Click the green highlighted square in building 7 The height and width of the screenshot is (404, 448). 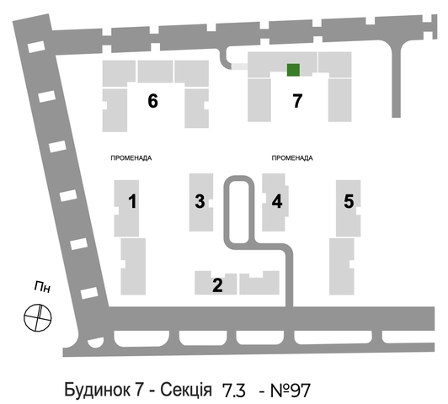(x=293, y=70)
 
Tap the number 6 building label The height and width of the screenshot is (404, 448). (x=153, y=101)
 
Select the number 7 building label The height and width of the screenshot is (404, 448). (x=297, y=101)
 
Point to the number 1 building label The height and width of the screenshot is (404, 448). (x=132, y=201)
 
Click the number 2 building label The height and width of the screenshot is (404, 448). (x=217, y=285)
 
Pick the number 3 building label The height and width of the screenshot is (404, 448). (x=200, y=201)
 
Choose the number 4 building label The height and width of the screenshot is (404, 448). (x=277, y=201)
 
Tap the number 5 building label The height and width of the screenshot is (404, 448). (x=349, y=201)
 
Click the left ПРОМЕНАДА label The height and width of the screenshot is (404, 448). (x=131, y=158)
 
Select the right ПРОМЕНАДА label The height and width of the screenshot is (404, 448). (x=292, y=158)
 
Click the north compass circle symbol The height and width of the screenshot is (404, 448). (x=38, y=317)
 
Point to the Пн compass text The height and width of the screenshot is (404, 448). (x=42, y=287)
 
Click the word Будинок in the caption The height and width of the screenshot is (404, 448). (x=104, y=390)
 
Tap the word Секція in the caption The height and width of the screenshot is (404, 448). (x=186, y=390)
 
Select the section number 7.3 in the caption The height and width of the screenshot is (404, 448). (x=234, y=391)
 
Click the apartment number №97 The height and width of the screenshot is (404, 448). (x=291, y=391)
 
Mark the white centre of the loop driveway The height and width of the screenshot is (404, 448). (x=239, y=212)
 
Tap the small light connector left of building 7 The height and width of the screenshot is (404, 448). (x=239, y=66)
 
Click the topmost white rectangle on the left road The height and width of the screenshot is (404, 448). (x=36, y=47)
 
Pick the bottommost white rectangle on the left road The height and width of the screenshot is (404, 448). (x=89, y=293)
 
